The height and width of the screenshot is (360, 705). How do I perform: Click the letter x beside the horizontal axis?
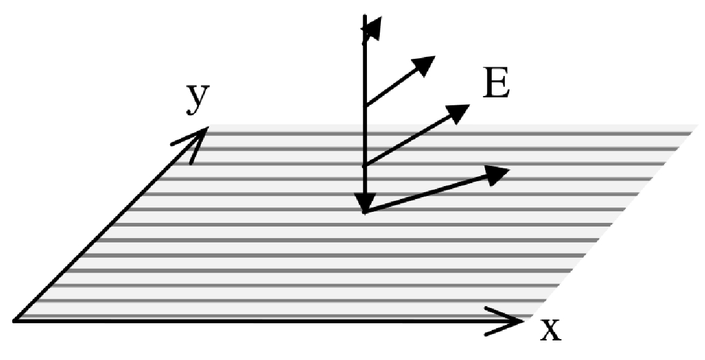[550, 330]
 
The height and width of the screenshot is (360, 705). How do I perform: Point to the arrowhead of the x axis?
[511, 320]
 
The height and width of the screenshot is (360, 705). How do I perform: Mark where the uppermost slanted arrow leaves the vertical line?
[365, 106]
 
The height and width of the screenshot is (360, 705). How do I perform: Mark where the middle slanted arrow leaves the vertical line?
[365, 165]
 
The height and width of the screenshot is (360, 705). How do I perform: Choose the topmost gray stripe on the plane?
[429, 133]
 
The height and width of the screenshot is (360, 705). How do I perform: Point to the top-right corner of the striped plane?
[696, 126]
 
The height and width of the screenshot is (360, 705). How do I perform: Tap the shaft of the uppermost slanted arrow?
[392, 86]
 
